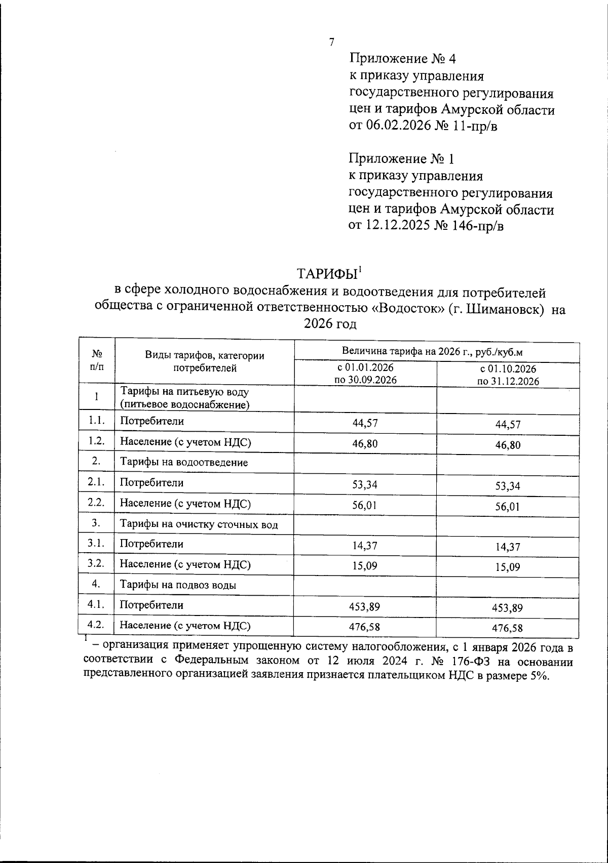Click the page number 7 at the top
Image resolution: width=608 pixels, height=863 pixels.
[331, 43]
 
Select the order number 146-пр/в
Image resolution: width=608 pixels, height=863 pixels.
[476, 226]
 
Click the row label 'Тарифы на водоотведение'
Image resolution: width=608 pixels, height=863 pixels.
[183, 463]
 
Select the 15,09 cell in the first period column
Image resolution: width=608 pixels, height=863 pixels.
[365, 565]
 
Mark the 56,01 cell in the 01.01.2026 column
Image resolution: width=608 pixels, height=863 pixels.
[365, 505]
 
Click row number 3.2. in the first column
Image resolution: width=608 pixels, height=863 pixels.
[96, 563]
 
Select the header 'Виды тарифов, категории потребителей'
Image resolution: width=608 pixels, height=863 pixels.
[205, 362]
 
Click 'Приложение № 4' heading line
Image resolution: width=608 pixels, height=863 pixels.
[402, 59]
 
